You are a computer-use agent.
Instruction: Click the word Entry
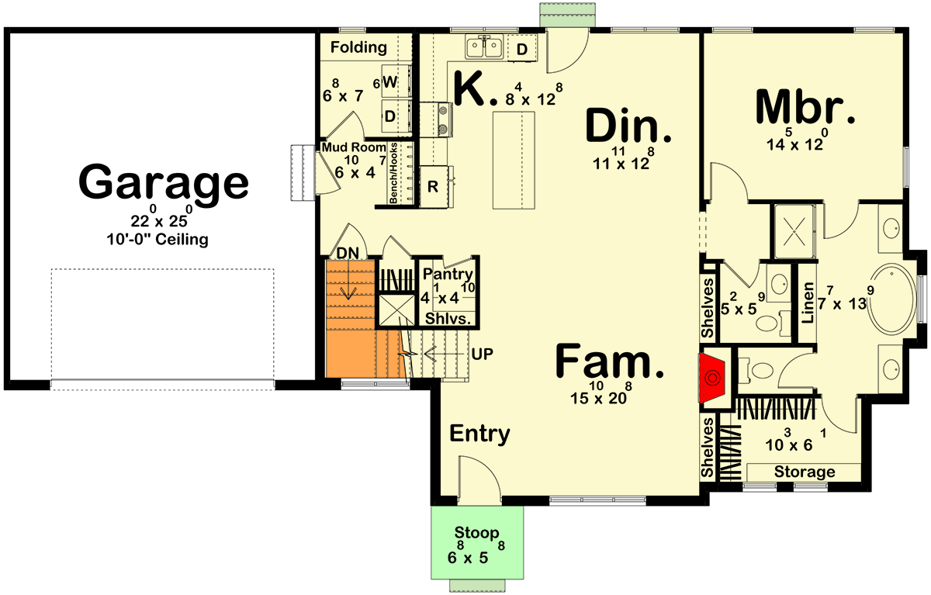pyautogui.click(x=479, y=434)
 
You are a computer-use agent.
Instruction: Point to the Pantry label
pyautogui.click(x=448, y=274)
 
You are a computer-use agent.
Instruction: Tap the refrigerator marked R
pyautogui.click(x=432, y=187)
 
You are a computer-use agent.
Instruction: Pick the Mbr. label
pyautogui.click(x=805, y=108)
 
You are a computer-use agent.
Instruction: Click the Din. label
pyautogui.click(x=628, y=126)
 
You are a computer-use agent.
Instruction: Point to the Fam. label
pyautogui.click(x=611, y=362)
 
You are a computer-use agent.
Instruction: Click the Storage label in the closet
pyautogui.click(x=805, y=472)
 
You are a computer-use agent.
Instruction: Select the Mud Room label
pyautogui.click(x=354, y=147)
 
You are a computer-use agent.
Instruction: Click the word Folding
pyautogui.click(x=358, y=47)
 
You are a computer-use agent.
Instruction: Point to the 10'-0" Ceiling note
pyautogui.click(x=157, y=240)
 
